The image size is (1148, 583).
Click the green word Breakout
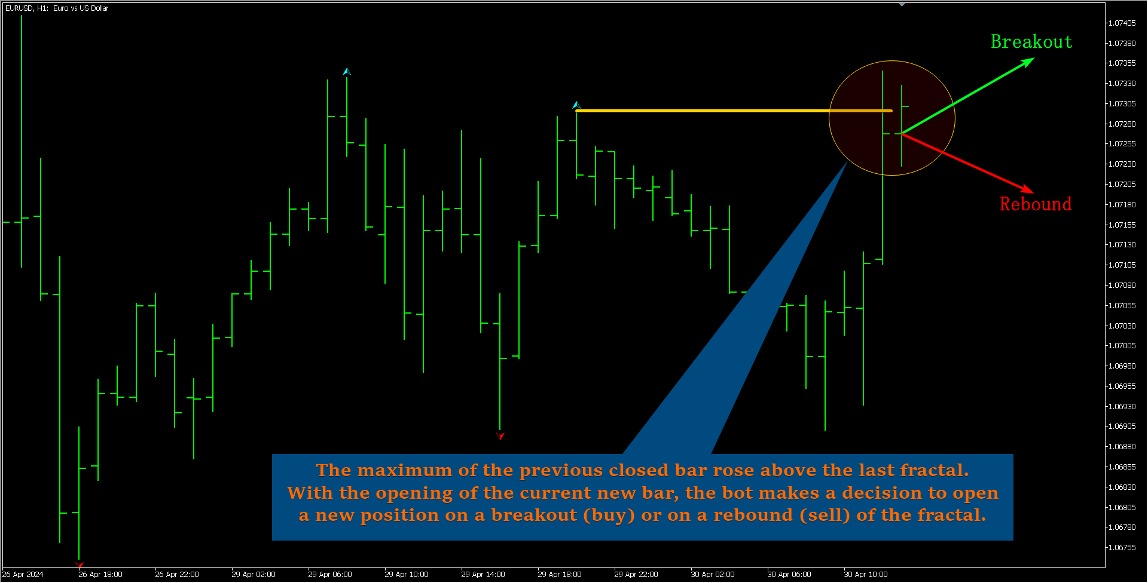[1031, 42]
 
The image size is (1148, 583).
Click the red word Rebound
[1036, 204]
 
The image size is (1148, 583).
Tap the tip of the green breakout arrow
[1034, 58]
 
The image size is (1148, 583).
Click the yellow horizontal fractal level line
[734, 111]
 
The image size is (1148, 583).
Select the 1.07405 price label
[1122, 23]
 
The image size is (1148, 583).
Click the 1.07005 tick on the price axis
[1122, 346]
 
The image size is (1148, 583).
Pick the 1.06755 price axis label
[1122, 548]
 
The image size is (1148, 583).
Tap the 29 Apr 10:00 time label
[407, 575]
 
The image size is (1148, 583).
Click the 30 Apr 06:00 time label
[789, 575]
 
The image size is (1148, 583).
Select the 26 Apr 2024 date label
[23, 575]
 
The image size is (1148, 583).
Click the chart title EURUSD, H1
[27, 8]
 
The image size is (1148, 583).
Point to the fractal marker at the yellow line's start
[576, 105]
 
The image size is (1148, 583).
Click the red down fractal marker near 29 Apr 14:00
[500, 435]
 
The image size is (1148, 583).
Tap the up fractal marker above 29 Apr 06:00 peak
[347, 72]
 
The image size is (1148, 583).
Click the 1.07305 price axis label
[1122, 104]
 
